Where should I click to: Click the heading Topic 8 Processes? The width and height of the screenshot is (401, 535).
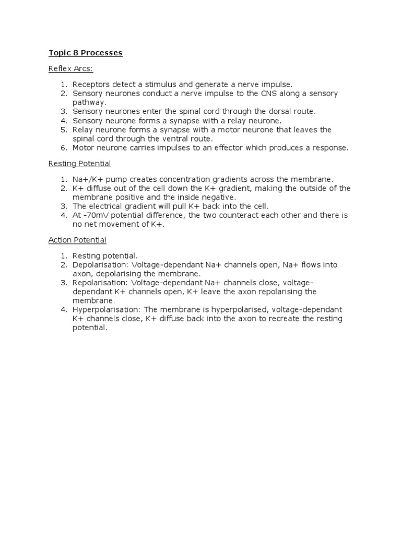pyautogui.click(x=86, y=53)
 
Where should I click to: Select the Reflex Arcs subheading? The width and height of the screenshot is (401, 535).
pyautogui.click(x=70, y=68)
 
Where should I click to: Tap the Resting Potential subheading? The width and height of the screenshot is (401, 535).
pyautogui.click(x=79, y=164)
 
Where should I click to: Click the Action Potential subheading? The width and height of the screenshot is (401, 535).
pyautogui.click(x=77, y=240)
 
